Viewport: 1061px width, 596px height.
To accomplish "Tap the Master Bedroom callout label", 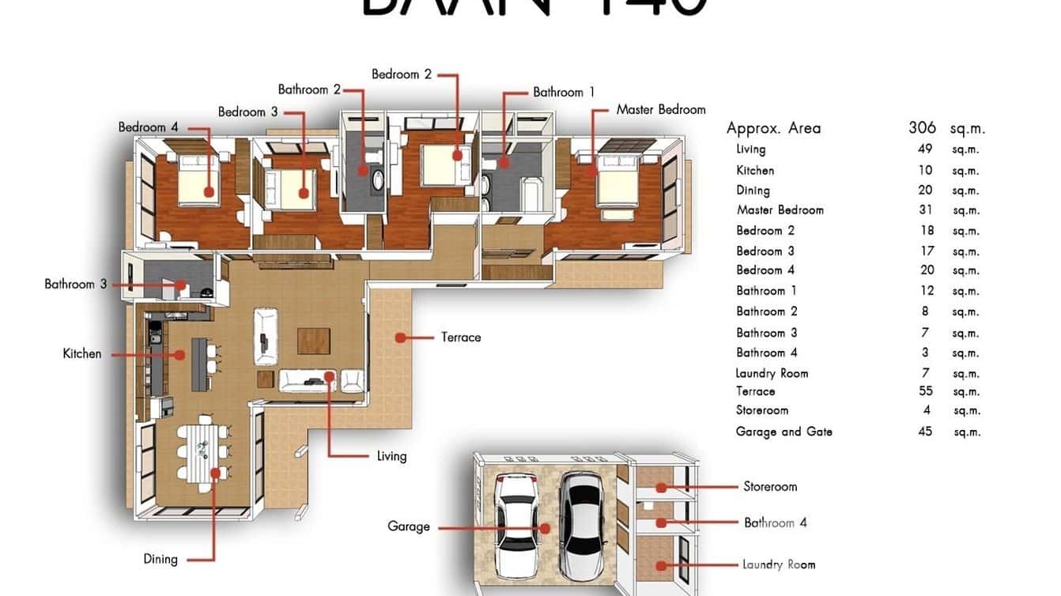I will [660, 110].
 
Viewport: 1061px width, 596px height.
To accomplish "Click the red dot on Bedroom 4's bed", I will [209, 191].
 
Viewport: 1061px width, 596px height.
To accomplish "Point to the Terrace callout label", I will [461, 338].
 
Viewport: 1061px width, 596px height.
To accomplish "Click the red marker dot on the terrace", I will [401, 338].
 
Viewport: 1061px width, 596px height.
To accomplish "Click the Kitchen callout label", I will [82, 354].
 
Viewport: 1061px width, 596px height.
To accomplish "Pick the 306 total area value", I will [922, 128].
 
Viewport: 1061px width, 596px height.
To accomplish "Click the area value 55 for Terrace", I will [926, 391].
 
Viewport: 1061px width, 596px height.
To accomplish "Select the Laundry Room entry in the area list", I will [772, 373].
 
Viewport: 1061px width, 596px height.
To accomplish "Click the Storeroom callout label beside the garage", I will [770, 487].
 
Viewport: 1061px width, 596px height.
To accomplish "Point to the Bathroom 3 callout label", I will [75, 284].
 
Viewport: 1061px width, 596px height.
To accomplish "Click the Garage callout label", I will [409, 526].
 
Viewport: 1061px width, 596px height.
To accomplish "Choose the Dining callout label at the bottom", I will [160, 560].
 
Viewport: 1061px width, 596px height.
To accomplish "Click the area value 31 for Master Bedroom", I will [926, 210].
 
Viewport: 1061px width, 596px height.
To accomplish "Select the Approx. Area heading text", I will [773, 128].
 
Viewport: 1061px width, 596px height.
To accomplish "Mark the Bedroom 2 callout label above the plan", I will [402, 74].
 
